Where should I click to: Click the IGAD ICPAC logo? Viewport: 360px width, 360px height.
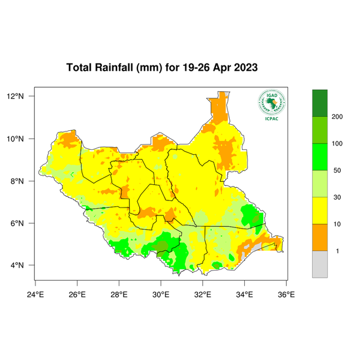(271, 105)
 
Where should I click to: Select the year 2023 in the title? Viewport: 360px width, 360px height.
(245, 67)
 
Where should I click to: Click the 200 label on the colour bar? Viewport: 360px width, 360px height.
(337, 116)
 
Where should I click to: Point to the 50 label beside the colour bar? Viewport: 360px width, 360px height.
(337, 170)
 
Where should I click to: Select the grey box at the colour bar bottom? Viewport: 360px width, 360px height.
(320, 264)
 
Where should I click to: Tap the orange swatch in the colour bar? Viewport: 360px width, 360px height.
(320, 238)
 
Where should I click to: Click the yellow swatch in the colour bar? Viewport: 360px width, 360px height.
(320, 211)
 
